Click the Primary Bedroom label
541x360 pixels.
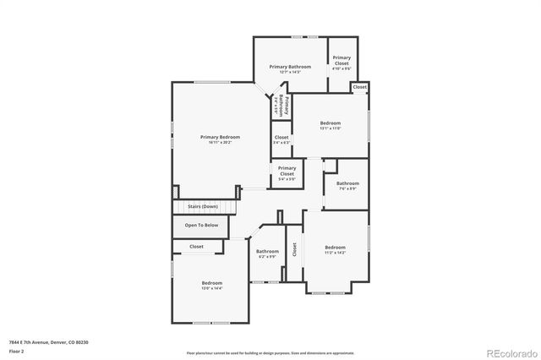[x=220, y=139]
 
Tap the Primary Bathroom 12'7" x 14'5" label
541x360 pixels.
[x=290, y=68]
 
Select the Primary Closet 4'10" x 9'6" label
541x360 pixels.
[x=341, y=61]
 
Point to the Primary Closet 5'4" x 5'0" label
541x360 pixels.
[x=287, y=173]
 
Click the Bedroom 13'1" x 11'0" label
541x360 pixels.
[x=330, y=125]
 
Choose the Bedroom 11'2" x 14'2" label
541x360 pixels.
[x=336, y=250]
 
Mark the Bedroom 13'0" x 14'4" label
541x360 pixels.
[x=211, y=285]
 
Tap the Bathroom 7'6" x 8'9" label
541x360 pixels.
[x=347, y=186]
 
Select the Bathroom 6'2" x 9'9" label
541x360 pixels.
[x=268, y=254]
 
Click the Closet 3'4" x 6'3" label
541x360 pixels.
[x=281, y=139]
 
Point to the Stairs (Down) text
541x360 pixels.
[x=203, y=206]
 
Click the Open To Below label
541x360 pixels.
[x=202, y=226]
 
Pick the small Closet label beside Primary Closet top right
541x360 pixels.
[x=359, y=87]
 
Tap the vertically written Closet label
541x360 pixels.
[x=295, y=250]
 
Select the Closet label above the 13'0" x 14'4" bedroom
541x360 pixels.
[x=196, y=247]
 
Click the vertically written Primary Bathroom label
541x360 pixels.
[x=282, y=106]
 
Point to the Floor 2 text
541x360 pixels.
[x=16, y=351]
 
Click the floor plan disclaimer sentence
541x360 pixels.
[x=270, y=352]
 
